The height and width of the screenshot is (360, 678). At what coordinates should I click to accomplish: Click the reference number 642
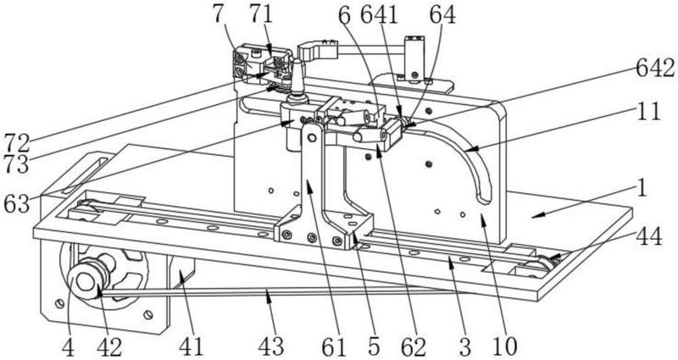(655, 69)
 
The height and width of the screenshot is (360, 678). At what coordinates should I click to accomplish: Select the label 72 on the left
(17, 143)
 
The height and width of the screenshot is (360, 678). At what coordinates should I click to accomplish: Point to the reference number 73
(17, 163)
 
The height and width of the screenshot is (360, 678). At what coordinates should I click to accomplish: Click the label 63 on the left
(17, 203)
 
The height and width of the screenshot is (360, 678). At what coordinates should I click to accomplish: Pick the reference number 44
(649, 237)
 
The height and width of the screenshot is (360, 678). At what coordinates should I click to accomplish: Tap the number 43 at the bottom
(271, 346)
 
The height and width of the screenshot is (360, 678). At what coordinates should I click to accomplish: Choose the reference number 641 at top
(379, 15)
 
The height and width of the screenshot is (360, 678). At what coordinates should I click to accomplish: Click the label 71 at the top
(261, 14)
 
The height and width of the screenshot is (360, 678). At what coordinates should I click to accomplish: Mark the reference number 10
(504, 346)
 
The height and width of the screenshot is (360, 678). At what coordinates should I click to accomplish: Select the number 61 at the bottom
(334, 346)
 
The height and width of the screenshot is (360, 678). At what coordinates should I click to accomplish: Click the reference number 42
(109, 346)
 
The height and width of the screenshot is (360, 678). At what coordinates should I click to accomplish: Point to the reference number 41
(192, 346)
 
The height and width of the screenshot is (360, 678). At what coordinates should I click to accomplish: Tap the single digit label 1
(642, 189)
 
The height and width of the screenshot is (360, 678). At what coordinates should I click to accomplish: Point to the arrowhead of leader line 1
(534, 215)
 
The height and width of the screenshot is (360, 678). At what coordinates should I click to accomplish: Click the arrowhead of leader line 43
(268, 294)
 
